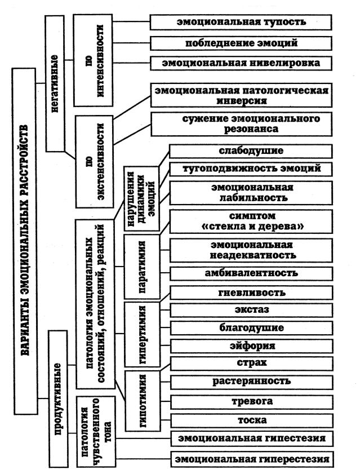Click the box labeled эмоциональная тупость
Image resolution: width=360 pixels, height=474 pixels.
tap(241, 23)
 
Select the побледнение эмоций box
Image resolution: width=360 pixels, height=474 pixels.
tap(241, 43)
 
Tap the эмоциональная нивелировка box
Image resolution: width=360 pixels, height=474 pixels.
tap(241, 63)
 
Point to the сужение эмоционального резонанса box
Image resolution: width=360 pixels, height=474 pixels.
tap(242, 124)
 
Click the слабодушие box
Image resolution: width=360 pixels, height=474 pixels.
tap(251, 151)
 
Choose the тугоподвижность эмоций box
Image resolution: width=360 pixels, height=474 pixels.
tap(251, 169)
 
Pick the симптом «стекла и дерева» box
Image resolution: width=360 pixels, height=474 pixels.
tap(251, 222)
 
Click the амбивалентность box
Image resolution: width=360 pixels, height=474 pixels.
tap(251, 273)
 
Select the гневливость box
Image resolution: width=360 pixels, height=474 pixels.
tap(251, 293)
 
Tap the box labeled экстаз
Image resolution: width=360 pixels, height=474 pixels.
tap(251, 310)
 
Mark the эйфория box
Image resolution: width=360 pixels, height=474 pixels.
tap(252, 346)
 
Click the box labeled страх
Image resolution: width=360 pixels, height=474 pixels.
tap(252, 364)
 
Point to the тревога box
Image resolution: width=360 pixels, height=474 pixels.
tap(252, 402)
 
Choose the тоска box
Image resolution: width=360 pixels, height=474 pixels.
tap(252, 421)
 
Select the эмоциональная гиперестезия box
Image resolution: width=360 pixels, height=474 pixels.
tap(252, 459)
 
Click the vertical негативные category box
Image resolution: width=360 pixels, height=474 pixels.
tap(55, 83)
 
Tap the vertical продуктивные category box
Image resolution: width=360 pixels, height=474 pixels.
tap(57, 399)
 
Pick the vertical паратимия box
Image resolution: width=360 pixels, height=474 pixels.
tap(142, 267)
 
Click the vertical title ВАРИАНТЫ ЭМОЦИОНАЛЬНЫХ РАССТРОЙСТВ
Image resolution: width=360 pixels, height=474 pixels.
tap(25, 241)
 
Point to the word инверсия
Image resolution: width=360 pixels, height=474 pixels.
tap(242, 101)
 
